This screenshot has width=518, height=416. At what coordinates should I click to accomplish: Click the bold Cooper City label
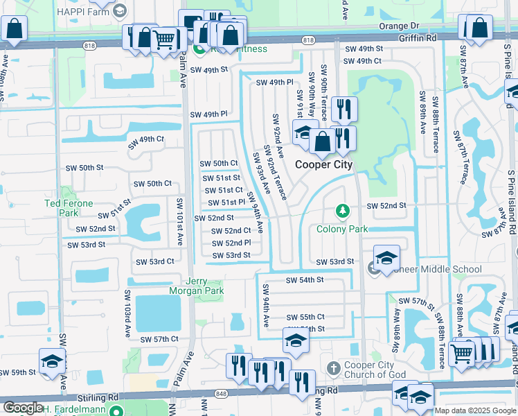(323, 165)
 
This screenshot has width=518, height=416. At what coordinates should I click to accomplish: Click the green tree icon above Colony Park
(341, 210)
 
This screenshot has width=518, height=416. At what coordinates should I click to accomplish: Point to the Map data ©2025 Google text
(474, 410)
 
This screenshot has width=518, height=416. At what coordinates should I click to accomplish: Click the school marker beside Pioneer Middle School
(386, 258)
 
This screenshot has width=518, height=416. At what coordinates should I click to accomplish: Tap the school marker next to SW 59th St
(51, 361)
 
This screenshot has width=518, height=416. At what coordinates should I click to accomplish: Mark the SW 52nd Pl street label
(231, 243)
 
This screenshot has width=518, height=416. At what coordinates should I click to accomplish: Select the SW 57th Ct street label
(159, 340)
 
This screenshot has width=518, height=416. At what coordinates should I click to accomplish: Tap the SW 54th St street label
(305, 281)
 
